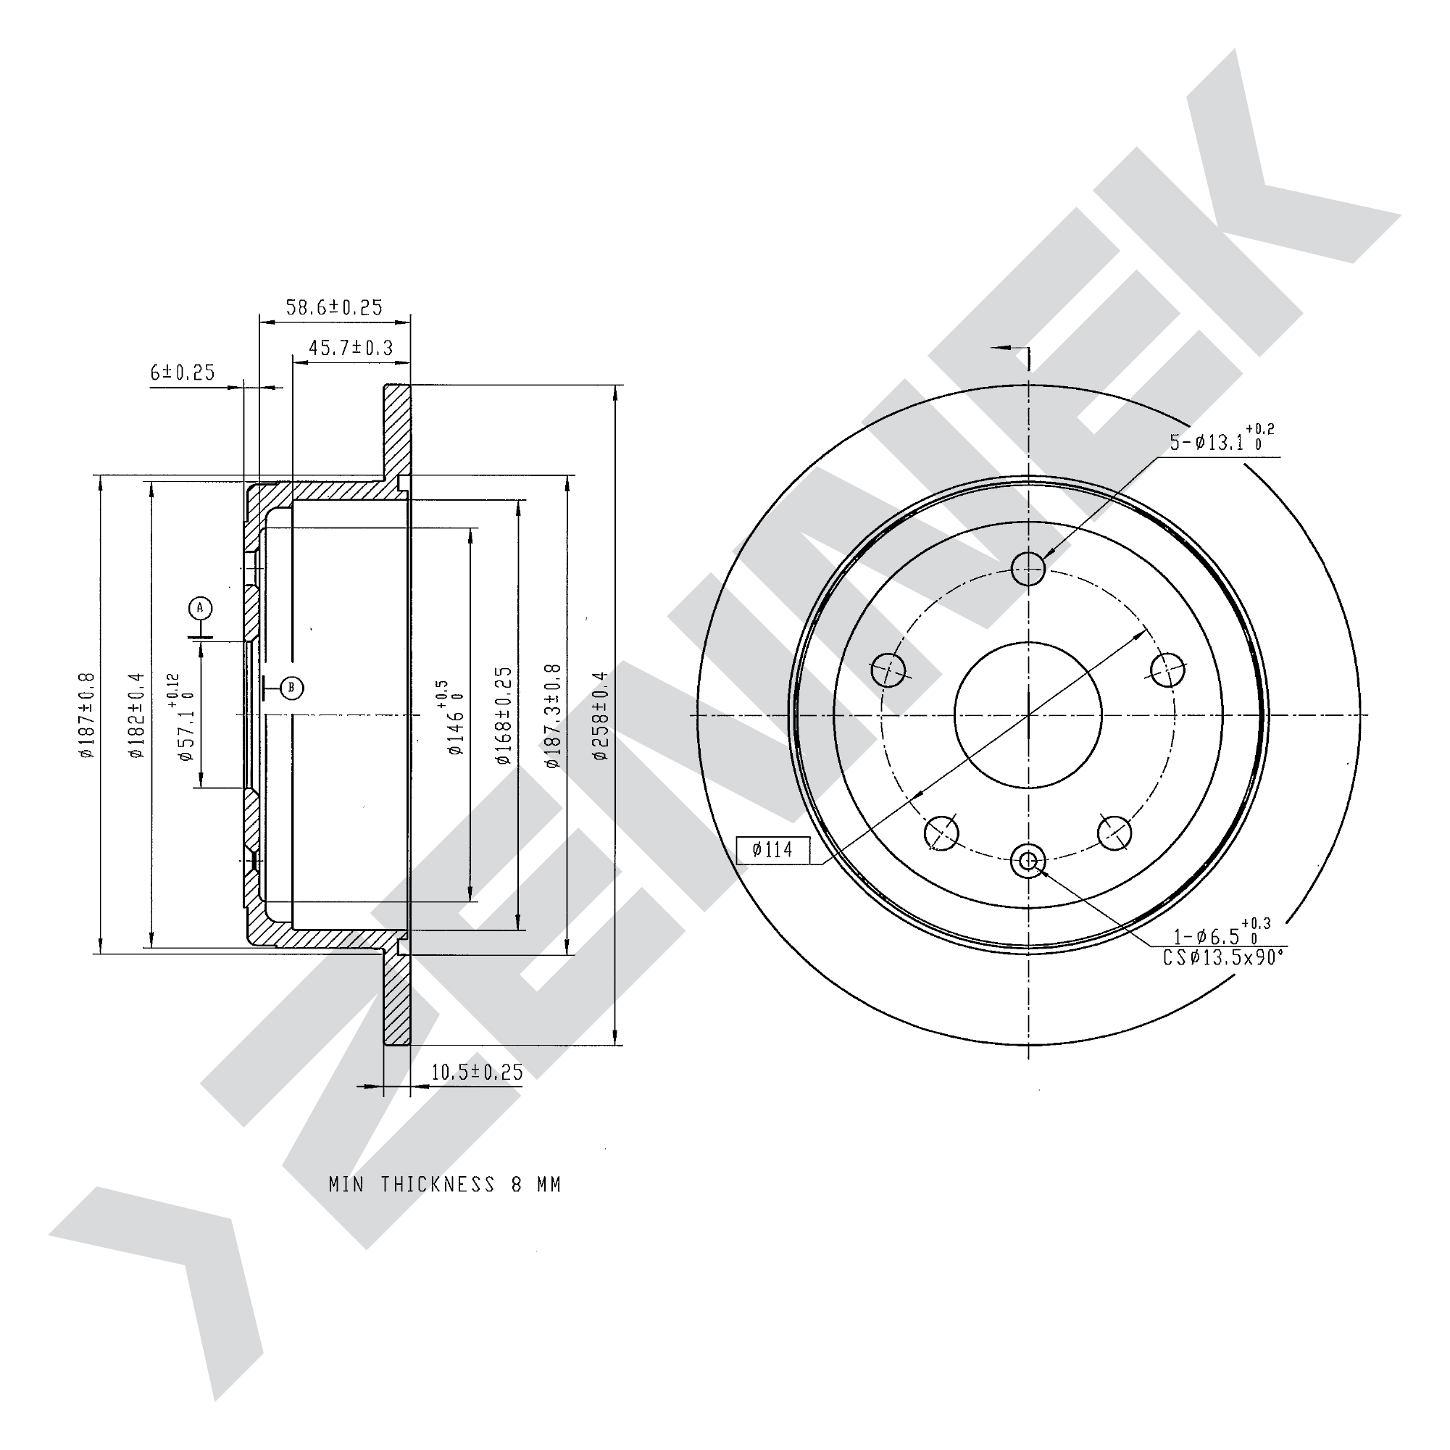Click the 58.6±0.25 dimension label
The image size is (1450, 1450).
pyautogui.click(x=334, y=308)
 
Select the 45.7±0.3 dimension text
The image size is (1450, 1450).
pyautogui.click(x=351, y=348)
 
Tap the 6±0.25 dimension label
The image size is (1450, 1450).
pyautogui.click(x=183, y=372)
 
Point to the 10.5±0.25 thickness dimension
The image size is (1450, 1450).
pyautogui.click(x=477, y=1072)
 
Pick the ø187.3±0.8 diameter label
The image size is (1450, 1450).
pyautogui.click(x=552, y=715)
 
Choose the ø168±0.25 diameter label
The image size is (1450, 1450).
pyautogui.click(x=504, y=715)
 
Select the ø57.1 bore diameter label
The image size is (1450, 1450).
pyautogui.click(x=181, y=717)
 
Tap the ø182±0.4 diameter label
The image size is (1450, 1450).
pyautogui.click(x=136, y=715)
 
